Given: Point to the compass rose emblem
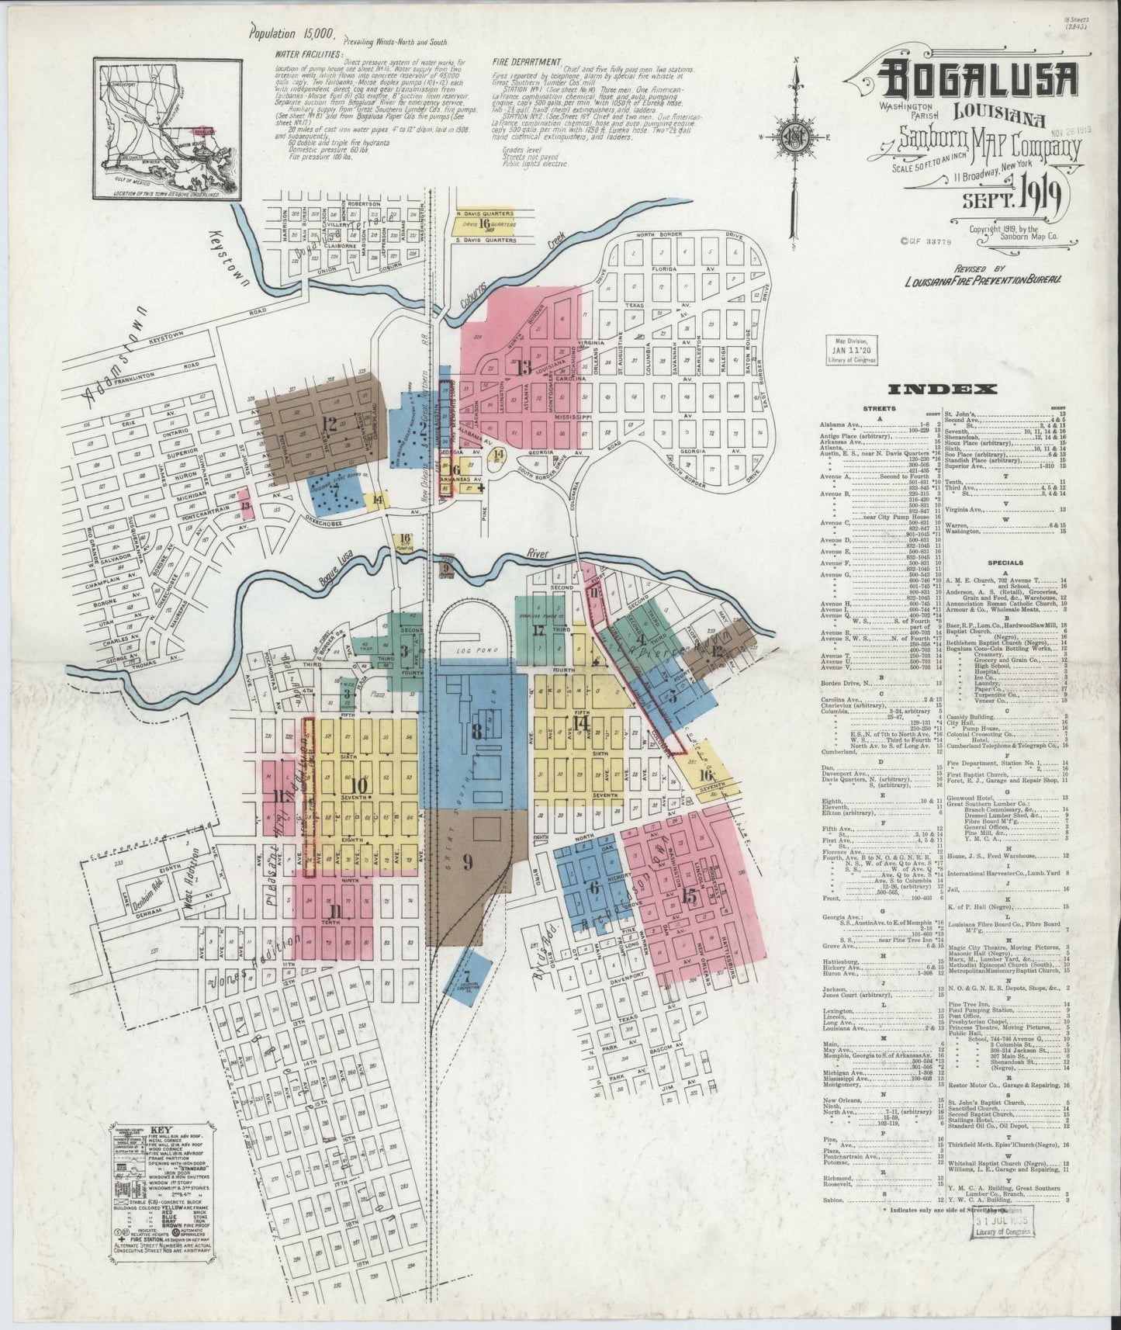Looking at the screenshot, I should (794, 140).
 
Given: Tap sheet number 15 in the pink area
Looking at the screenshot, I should (689, 897).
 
